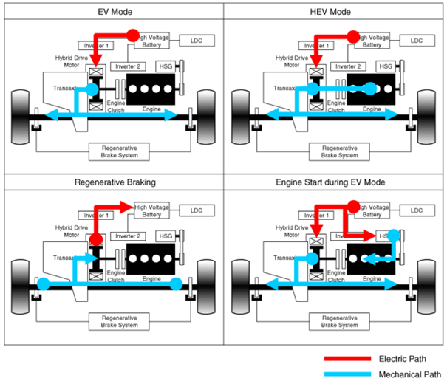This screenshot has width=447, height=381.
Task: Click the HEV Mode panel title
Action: [335, 13]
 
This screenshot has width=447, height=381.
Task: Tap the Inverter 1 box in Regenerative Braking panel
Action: [94, 215]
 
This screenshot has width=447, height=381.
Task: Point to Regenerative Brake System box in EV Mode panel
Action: [119, 151]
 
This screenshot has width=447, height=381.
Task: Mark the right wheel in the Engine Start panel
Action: [428, 284]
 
